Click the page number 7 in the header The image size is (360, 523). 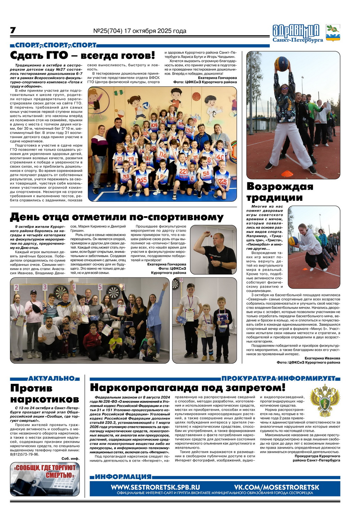[13, 31]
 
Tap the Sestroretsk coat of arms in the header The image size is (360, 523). [333, 33]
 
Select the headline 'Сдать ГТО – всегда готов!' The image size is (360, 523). [83, 55]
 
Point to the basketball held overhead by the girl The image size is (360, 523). [282, 63]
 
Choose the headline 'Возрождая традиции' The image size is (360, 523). [280, 192]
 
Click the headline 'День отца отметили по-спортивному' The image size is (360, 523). [117, 217]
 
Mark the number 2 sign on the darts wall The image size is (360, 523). [16, 288]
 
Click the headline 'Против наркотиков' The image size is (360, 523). [45, 393]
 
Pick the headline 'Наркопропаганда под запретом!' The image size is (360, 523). [188, 388]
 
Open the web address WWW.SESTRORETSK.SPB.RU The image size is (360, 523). [156, 487]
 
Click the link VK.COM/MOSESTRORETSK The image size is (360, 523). [277, 487]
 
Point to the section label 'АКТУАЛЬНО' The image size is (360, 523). [52, 379]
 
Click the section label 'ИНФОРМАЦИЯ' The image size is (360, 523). [123, 477]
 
